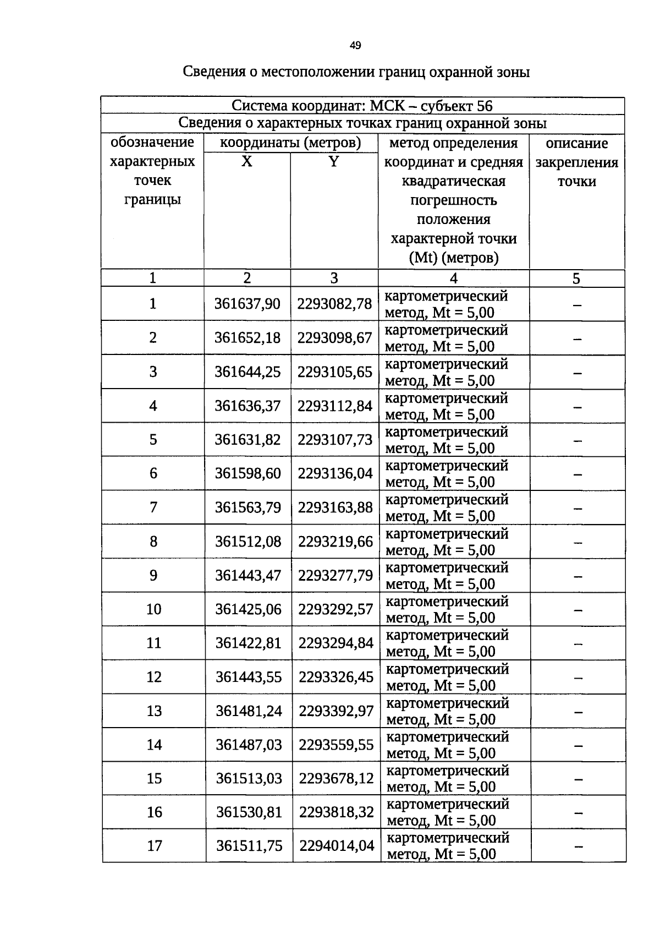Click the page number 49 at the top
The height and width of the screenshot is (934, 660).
[355, 46]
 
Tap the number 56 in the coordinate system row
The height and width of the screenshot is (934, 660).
[484, 106]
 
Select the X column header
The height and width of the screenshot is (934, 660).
[247, 162]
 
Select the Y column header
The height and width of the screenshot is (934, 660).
[333, 162]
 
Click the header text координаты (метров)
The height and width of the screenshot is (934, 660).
[290, 143]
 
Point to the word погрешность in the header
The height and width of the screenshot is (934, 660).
[453, 200]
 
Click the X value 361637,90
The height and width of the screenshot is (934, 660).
[248, 304]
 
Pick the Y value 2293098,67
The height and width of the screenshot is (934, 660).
[334, 337]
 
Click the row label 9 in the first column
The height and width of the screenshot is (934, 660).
[153, 575]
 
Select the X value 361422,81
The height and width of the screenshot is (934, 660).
[248, 643]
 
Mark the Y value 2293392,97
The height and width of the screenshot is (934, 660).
[336, 711]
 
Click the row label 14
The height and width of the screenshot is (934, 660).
[154, 745]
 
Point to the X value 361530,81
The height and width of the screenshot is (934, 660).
[249, 812]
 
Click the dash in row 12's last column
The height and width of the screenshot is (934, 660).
[577, 678]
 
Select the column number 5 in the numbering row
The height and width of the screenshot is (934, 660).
[576, 278]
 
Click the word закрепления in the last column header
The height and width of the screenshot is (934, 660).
[577, 162]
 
